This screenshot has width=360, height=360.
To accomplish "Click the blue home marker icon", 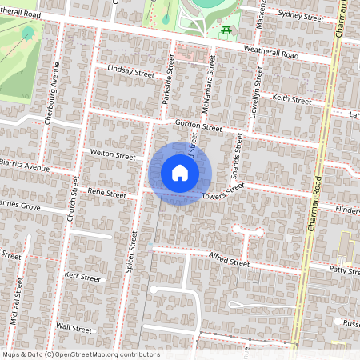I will click(180, 174).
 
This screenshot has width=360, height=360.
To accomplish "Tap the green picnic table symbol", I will click(226, 31).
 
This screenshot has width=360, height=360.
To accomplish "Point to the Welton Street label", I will click(113, 155).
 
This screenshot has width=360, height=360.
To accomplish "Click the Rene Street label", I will click(106, 194).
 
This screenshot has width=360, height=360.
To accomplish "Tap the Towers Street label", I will click(222, 192).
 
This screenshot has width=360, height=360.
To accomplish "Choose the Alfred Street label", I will click(229, 262).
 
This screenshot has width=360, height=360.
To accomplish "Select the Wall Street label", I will click(74, 328).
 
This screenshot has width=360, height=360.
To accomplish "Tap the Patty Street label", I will click(344, 271).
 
